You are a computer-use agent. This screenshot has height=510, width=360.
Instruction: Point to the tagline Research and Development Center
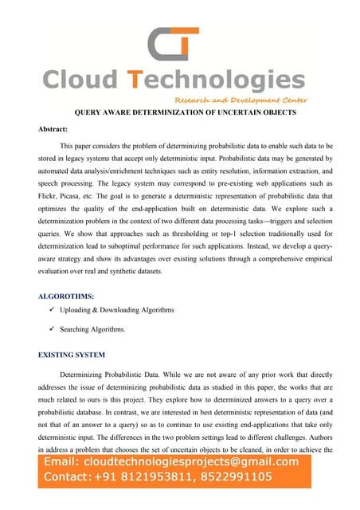(241, 100)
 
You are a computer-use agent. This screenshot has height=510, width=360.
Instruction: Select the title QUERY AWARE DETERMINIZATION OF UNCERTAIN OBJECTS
(185, 112)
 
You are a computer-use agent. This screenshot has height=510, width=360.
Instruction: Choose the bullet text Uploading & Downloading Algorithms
(117, 309)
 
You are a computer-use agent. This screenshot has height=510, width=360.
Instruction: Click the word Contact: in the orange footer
(67, 477)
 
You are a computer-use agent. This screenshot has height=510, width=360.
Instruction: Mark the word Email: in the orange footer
(62, 462)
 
